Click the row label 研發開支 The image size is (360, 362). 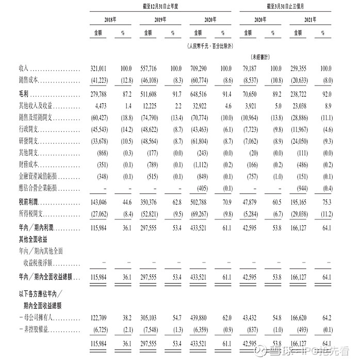pyautogui.click(x=28, y=141)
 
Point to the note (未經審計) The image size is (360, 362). pyautogui.click(x=261, y=57)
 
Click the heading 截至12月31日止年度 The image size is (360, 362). pyautogui.click(x=160, y=6)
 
